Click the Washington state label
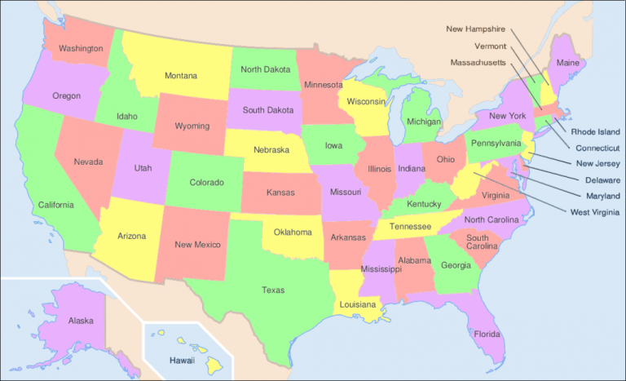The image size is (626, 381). (x=81, y=49)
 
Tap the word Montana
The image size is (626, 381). (x=181, y=76)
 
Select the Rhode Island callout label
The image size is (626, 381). (x=595, y=131)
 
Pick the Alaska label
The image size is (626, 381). (x=81, y=321)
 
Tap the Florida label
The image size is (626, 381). (x=486, y=334)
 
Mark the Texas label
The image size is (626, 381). (x=273, y=290)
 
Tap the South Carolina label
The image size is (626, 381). (x=483, y=241)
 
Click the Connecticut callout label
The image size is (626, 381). (x=597, y=148)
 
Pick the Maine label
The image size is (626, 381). (x=567, y=63)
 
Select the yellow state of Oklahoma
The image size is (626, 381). (x=293, y=232)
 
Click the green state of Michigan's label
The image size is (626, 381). (x=424, y=122)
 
